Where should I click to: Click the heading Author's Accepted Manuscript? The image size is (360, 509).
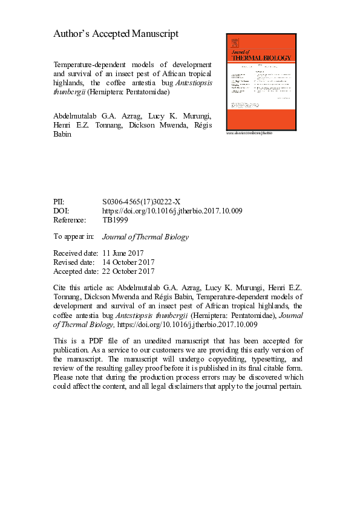(x=116, y=34)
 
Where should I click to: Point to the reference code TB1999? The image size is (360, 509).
(x=115, y=220)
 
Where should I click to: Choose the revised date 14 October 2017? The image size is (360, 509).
(x=128, y=262)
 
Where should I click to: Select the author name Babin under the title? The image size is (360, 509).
(x=65, y=134)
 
